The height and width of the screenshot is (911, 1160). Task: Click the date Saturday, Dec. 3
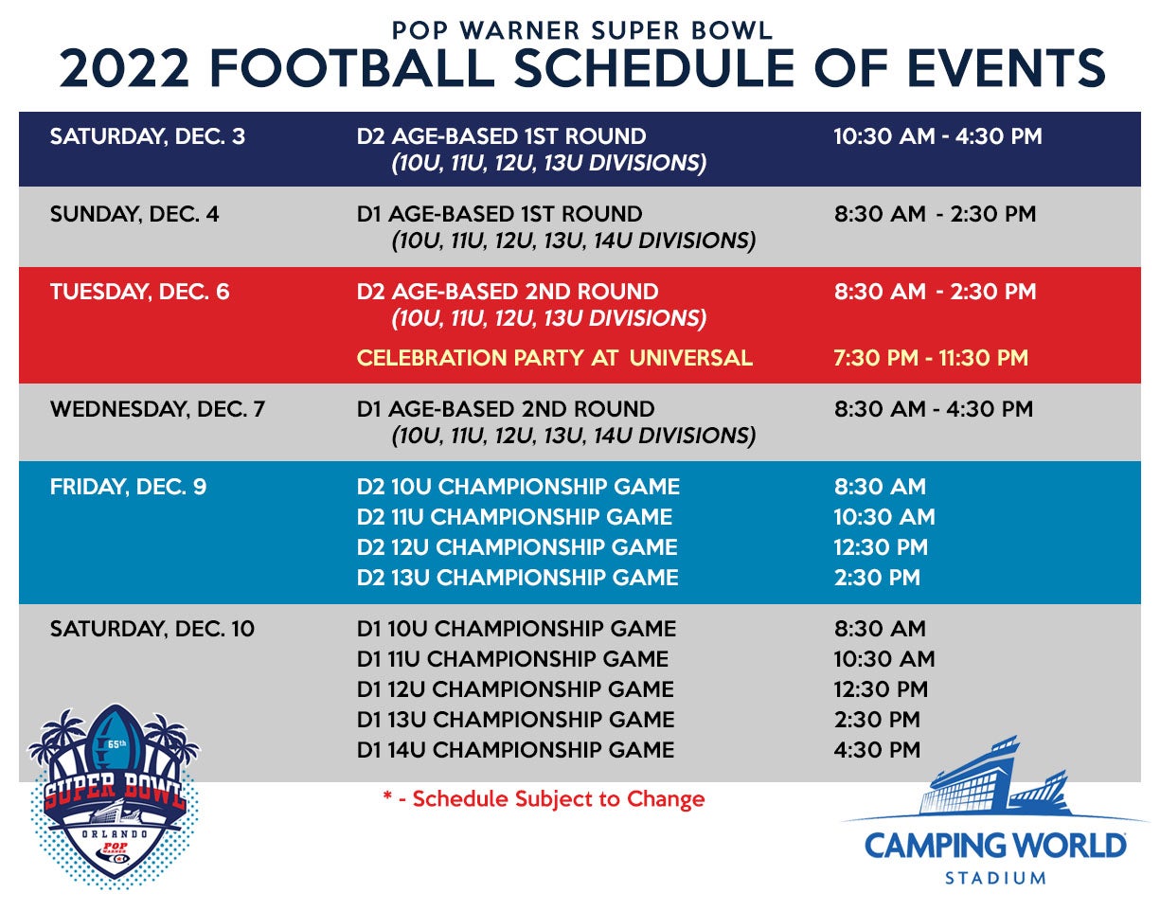[148, 136]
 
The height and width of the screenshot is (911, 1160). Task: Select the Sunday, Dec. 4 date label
[134, 214]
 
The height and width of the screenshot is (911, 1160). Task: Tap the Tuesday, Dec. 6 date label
[139, 292]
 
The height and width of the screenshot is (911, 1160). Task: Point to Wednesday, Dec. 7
[157, 409]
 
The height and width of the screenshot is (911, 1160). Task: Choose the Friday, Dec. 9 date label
[128, 487]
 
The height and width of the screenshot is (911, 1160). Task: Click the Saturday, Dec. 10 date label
[152, 629]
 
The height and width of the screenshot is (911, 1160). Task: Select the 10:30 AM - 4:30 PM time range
[937, 136]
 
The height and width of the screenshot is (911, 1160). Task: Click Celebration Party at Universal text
[555, 358]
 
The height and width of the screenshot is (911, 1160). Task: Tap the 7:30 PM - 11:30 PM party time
[931, 358]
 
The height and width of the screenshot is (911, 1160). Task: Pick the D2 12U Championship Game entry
[517, 547]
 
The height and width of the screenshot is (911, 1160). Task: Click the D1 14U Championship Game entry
[515, 750]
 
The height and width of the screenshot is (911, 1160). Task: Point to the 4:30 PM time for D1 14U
[877, 750]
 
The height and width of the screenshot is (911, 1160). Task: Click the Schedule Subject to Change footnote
[544, 799]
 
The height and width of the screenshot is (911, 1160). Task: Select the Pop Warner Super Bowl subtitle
[581, 30]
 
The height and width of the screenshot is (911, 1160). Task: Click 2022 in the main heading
[124, 68]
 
